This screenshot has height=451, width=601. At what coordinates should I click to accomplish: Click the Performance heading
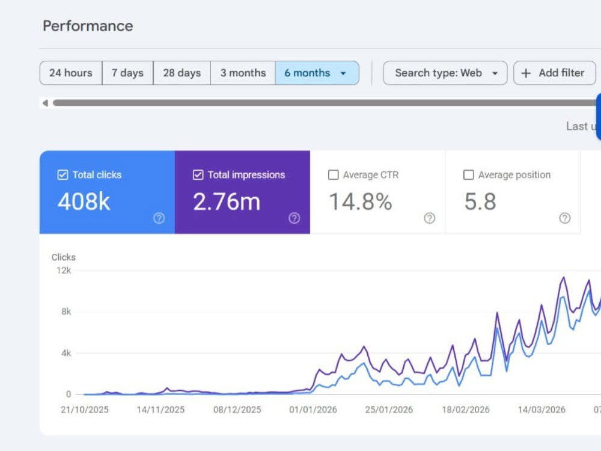(x=88, y=26)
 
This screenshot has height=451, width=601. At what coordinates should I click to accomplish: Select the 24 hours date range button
(x=71, y=73)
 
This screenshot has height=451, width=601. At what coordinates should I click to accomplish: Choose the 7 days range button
(x=127, y=73)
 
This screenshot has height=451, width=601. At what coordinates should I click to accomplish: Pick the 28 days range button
(x=182, y=73)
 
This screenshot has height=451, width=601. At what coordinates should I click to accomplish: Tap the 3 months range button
(x=243, y=73)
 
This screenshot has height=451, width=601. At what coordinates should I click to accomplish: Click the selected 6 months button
(x=317, y=73)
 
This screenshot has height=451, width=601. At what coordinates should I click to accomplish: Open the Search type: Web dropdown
(x=445, y=73)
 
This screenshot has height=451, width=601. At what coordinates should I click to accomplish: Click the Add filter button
(x=555, y=73)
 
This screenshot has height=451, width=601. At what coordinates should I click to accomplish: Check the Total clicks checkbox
(x=63, y=175)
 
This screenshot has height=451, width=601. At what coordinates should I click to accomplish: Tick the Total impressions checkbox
(x=198, y=175)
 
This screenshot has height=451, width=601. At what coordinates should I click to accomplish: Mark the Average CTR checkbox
(x=334, y=175)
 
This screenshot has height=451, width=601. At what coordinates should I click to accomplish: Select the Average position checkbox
(x=468, y=175)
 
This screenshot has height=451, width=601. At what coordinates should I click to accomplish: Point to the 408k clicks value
(x=84, y=201)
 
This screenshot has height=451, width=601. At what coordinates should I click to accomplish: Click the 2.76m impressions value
(x=227, y=201)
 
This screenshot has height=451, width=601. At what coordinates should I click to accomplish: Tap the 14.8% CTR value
(x=360, y=201)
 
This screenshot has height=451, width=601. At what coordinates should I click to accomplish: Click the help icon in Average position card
(x=564, y=218)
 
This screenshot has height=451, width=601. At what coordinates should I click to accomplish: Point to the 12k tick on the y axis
(x=64, y=271)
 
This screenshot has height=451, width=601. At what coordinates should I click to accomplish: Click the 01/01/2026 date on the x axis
(x=313, y=410)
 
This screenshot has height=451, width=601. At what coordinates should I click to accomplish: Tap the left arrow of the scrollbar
(x=45, y=103)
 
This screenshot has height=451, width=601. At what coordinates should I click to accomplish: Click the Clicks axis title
(x=64, y=257)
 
